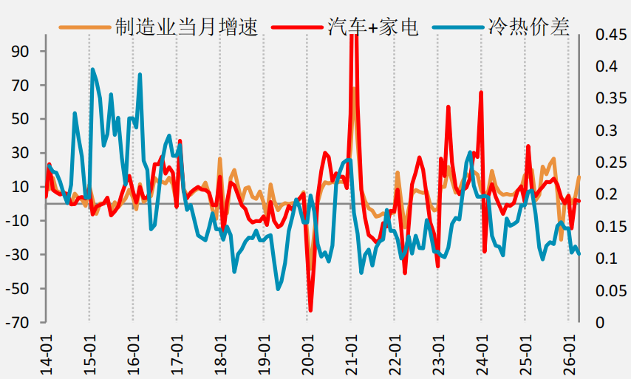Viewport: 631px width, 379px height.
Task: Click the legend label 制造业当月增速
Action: tap(186, 27)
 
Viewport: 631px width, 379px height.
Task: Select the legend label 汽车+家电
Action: tap(373, 27)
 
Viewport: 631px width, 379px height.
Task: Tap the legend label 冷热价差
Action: tap(528, 27)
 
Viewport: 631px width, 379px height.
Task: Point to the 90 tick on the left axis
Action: tap(20, 52)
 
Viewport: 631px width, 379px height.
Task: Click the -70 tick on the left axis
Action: tap(17, 322)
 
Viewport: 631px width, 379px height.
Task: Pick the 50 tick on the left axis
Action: tap(20, 119)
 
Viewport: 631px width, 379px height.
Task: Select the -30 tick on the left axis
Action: tap(17, 255)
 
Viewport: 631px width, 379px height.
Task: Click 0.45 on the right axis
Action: tap(611, 35)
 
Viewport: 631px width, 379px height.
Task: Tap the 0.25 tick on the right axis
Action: tap(611, 163)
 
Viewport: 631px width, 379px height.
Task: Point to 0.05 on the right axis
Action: tap(611, 290)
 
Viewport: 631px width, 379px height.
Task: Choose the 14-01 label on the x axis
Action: tap(47, 355)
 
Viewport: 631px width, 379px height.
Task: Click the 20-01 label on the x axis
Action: tap(307, 355)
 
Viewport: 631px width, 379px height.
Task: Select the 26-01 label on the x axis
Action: tap(569, 355)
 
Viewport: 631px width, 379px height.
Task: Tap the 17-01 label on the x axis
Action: tap(177, 355)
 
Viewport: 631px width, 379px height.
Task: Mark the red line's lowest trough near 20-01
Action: tap(310, 310)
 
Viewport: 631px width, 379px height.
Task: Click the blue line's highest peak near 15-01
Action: tap(92, 69)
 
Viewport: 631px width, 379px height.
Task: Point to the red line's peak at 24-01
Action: tap(481, 92)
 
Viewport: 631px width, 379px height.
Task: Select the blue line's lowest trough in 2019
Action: tap(278, 289)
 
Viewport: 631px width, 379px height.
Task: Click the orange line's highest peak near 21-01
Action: tap(354, 88)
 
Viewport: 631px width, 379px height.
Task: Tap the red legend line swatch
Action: tap(297, 27)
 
